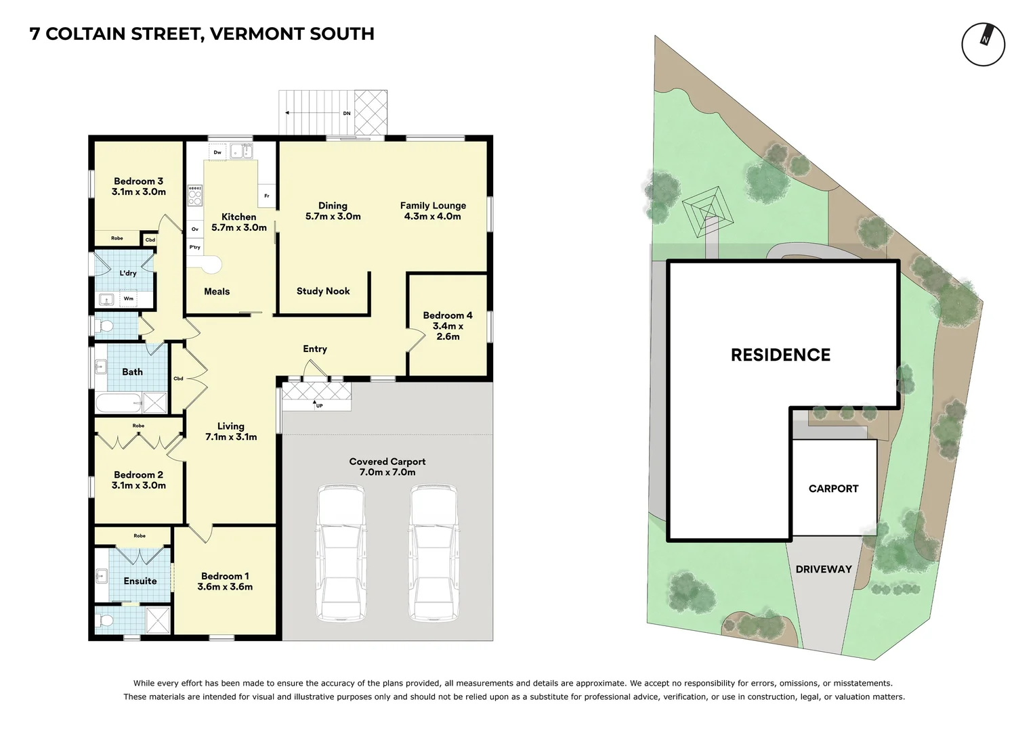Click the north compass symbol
tap(983, 45)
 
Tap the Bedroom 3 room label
tap(139, 186)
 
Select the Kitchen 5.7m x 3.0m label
tap(239, 222)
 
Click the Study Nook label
tap(323, 291)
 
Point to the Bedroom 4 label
tap(448, 326)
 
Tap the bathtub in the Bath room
tap(119, 403)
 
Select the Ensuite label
tap(140, 581)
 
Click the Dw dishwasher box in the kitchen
tap(217, 152)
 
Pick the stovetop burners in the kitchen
tap(195, 196)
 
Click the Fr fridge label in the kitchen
tap(266, 196)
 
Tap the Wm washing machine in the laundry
tap(129, 298)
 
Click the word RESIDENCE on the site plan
tap(780, 355)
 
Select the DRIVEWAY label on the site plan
tap(823, 569)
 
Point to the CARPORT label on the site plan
tap(833, 489)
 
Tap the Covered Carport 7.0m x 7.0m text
tap(387, 467)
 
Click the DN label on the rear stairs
tap(347, 113)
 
